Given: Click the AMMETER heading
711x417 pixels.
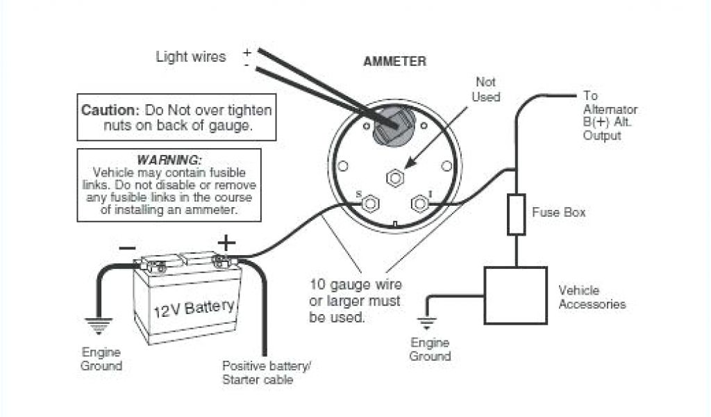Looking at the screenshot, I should click(x=394, y=62).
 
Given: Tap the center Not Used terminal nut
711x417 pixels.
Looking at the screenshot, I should click(x=395, y=178).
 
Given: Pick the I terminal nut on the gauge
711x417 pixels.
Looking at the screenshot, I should click(x=419, y=204).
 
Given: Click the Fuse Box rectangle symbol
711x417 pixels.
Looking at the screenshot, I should click(x=516, y=215).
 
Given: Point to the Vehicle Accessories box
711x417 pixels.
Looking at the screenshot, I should click(x=515, y=295).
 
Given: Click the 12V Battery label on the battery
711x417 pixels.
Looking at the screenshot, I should click(x=194, y=306).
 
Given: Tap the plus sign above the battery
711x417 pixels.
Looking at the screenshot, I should click(x=226, y=243).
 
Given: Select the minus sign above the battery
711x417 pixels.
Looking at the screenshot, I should click(x=127, y=247).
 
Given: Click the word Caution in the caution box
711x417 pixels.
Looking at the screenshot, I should click(x=110, y=111).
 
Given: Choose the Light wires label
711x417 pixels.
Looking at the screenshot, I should click(x=191, y=58).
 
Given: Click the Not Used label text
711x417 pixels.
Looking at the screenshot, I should click(x=486, y=90).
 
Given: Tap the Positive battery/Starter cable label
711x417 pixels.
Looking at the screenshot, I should click(x=266, y=372).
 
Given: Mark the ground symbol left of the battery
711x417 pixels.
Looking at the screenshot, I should click(x=98, y=324).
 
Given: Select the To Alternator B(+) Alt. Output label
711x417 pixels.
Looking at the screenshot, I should click(x=610, y=115).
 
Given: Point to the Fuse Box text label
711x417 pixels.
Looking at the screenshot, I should click(x=558, y=212).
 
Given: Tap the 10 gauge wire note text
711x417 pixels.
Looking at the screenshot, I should click(x=355, y=301).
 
